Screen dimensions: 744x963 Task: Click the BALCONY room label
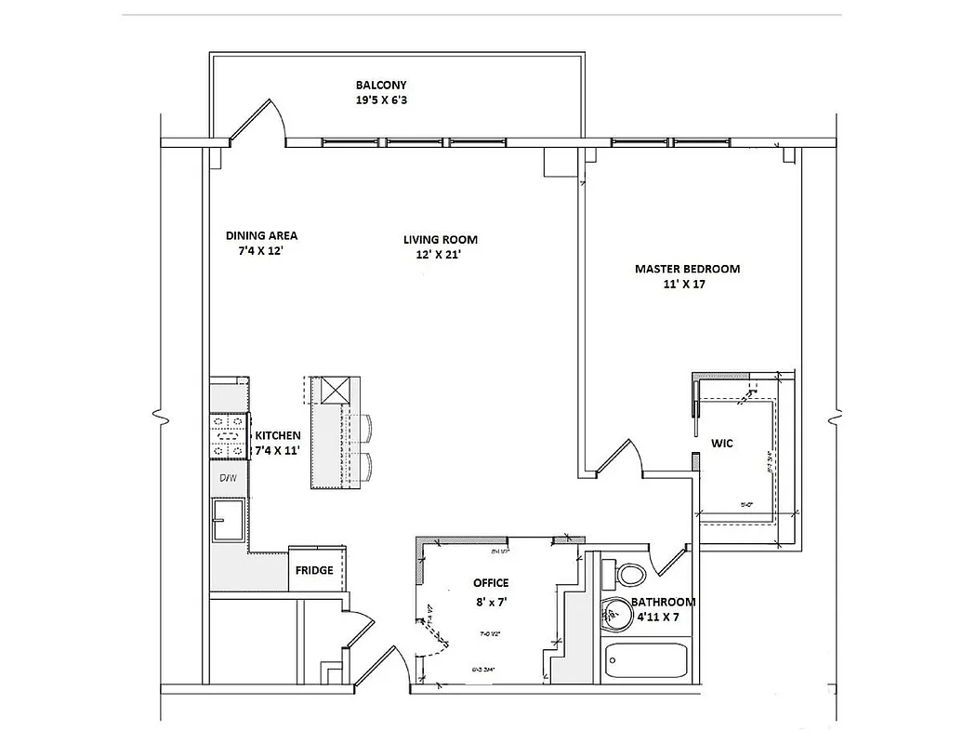(x=381, y=86)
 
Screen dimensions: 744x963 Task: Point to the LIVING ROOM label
(x=441, y=239)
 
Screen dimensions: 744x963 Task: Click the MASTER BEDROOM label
(x=687, y=269)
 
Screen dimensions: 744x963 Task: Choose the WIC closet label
(x=721, y=444)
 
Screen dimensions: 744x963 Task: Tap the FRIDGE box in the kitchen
(x=314, y=570)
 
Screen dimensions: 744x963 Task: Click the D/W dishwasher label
(x=227, y=478)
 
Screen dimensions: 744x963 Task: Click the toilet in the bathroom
(x=629, y=574)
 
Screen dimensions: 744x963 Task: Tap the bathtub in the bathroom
(x=647, y=662)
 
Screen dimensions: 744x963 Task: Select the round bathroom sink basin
(x=614, y=613)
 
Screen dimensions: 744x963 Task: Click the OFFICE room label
(x=491, y=583)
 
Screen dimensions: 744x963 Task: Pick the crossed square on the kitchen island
(x=336, y=388)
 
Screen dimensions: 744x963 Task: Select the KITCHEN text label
(x=278, y=435)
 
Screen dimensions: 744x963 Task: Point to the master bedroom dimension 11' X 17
(x=687, y=285)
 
